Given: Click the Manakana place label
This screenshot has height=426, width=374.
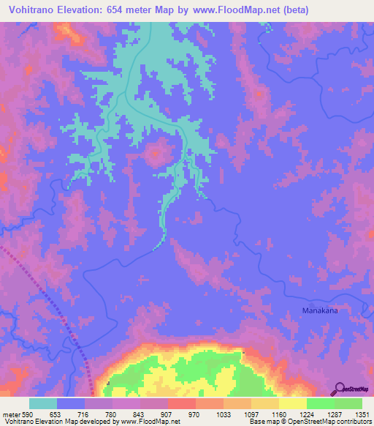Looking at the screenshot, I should coord(321,310).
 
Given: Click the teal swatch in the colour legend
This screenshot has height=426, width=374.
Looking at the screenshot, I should coord(43,403).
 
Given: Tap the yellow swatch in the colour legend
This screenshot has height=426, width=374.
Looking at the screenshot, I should coord(293,403).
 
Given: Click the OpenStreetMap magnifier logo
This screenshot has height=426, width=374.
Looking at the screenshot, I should coord(340,389).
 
